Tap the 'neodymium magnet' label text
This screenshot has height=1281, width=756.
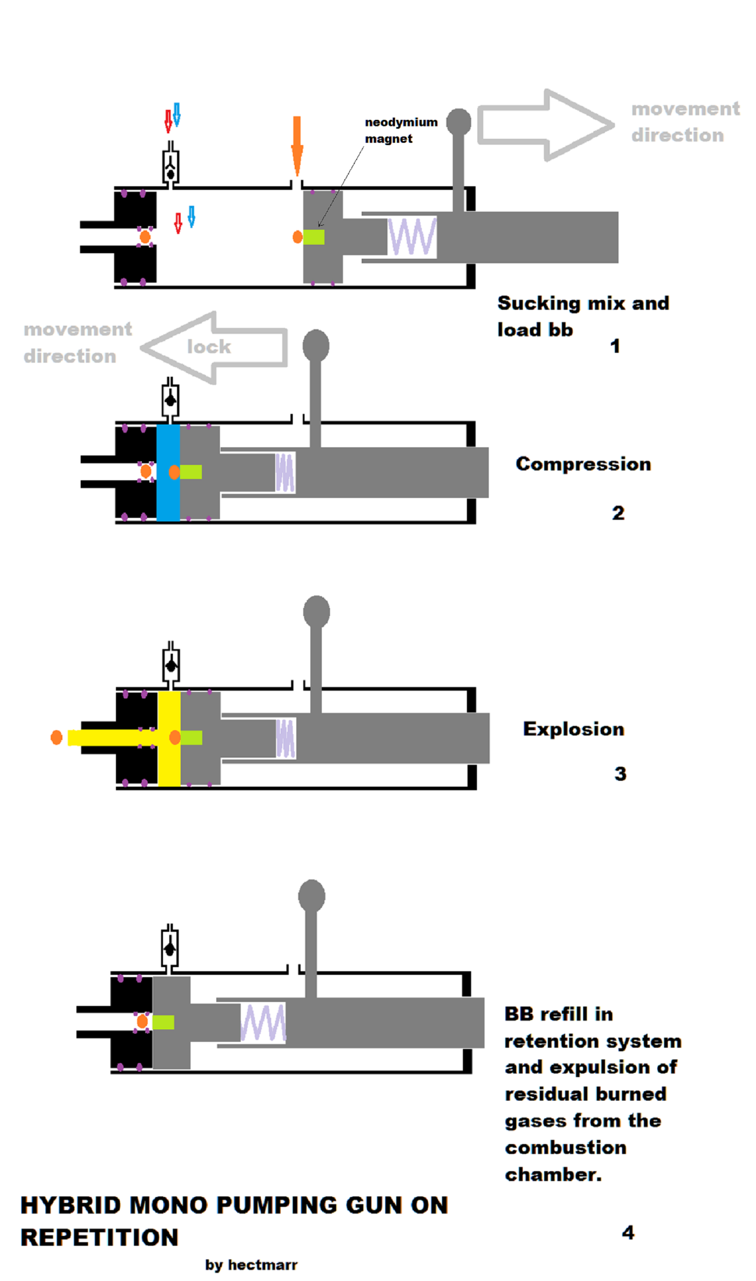(x=401, y=130)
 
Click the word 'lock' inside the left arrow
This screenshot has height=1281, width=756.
(x=209, y=347)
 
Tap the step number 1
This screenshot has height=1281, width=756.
(x=615, y=346)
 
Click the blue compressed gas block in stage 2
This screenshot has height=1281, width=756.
(x=168, y=473)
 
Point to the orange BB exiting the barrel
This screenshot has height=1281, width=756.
(x=57, y=737)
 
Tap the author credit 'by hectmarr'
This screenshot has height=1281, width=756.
(x=251, y=1265)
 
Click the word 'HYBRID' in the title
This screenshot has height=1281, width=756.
(x=71, y=1206)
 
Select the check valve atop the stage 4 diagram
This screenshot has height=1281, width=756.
(x=170, y=948)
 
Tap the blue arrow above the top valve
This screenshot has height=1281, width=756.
(x=177, y=114)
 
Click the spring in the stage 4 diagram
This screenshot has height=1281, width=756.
(x=263, y=1023)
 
